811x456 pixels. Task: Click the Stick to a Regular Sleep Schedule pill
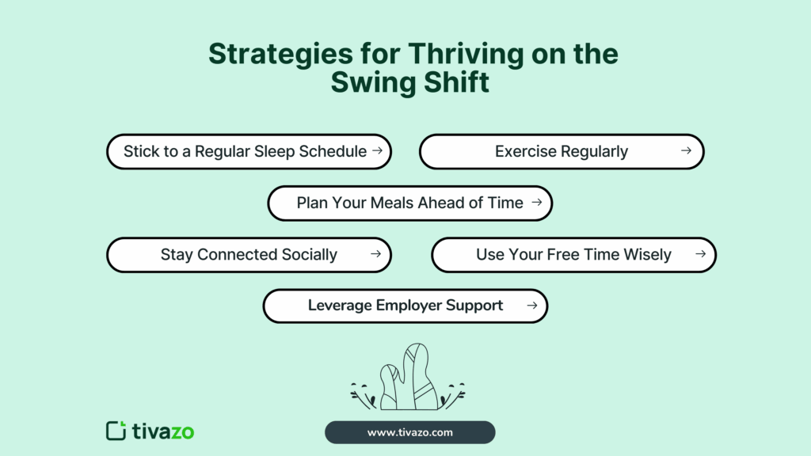(x=245, y=151)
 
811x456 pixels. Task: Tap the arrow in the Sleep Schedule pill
(x=378, y=150)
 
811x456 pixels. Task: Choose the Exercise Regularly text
(x=562, y=151)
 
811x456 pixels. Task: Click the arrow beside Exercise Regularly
(x=686, y=150)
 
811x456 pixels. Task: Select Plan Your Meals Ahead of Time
(x=409, y=203)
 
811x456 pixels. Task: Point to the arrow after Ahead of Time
(x=536, y=203)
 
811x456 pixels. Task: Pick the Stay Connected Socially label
(x=249, y=255)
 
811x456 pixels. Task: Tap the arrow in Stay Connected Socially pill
(x=375, y=254)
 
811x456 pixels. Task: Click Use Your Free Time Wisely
(x=573, y=255)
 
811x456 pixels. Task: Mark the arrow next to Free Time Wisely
(x=699, y=254)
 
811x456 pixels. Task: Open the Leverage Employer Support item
(x=405, y=306)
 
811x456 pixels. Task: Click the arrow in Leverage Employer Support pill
(x=532, y=305)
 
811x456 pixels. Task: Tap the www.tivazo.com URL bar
(x=409, y=432)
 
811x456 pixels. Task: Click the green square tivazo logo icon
(x=116, y=431)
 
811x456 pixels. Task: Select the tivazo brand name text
(x=163, y=431)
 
